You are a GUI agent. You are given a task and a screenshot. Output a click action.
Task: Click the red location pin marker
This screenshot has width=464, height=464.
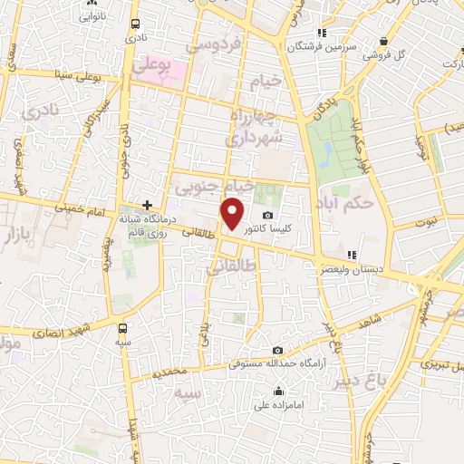(x=234, y=215)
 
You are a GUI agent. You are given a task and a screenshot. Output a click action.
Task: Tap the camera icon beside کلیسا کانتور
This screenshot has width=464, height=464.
(x=268, y=215)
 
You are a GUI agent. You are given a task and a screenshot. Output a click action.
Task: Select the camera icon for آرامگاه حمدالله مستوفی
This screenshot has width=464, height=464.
(x=278, y=351)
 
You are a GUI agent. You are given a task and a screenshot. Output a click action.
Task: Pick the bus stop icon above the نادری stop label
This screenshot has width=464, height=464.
(x=135, y=24)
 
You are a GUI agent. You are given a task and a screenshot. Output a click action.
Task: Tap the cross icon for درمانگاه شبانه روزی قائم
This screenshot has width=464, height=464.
(x=148, y=207)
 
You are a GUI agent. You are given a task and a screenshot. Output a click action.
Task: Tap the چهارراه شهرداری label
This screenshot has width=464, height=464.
(x=256, y=127)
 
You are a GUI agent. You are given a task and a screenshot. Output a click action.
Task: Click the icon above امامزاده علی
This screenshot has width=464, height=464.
(x=278, y=391)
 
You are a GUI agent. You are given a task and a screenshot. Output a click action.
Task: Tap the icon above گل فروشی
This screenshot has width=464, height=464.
(x=385, y=40)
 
